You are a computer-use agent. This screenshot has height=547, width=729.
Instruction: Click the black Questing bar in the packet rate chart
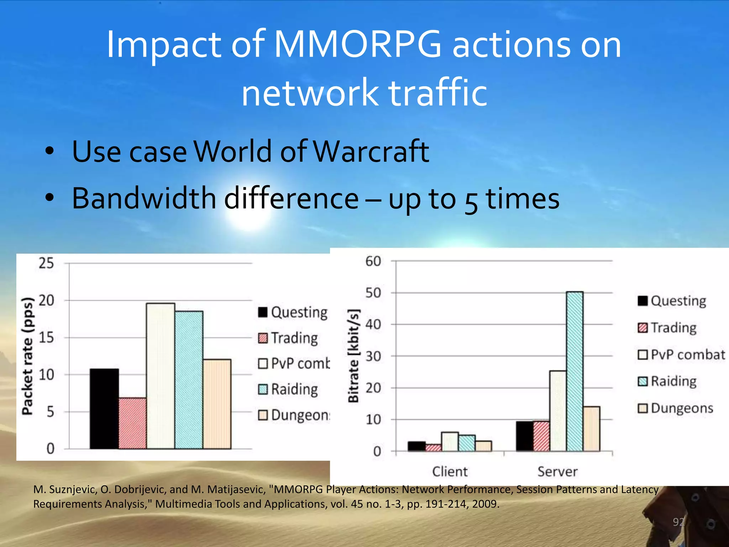click(x=104, y=409)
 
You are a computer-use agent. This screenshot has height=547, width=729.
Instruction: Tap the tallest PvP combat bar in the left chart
click(x=161, y=376)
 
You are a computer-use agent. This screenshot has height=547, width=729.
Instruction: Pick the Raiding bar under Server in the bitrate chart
click(x=575, y=371)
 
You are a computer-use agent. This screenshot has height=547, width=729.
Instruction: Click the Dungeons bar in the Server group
click(x=591, y=429)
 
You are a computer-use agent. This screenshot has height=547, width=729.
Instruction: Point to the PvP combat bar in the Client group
click(x=450, y=442)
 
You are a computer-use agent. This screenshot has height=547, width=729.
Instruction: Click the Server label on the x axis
click(x=557, y=472)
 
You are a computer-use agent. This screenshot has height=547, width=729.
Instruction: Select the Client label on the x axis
click(x=450, y=472)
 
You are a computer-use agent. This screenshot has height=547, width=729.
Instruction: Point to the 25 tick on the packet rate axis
click(x=46, y=263)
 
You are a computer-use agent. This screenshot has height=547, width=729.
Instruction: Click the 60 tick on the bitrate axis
click(x=373, y=261)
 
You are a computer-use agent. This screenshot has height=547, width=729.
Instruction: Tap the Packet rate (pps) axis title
click(x=28, y=356)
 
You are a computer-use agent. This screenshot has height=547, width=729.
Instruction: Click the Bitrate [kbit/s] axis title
click(x=353, y=356)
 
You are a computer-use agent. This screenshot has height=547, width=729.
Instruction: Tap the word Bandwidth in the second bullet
click(x=144, y=198)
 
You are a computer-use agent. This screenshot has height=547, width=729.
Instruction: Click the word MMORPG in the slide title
click(x=358, y=45)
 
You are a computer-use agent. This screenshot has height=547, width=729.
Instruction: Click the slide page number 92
click(x=678, y=522)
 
